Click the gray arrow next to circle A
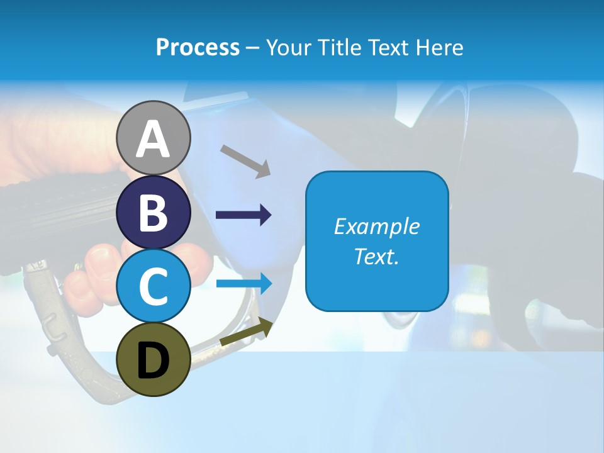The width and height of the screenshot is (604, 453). (x=245, y=161)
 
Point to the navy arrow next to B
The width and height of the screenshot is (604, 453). (x=243, y=215)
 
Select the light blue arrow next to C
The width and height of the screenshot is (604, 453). (x=244, y=283)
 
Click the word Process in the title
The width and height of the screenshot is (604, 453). (x=198, y=48)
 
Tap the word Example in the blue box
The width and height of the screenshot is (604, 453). (x=376, y=226)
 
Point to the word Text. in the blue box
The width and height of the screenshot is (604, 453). (x=376, y=257)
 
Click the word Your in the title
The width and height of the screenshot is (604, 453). (x=288, y=48)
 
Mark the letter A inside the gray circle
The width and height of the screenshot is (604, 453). (x=154, y=139)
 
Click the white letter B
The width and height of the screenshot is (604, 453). (x=154, y=213)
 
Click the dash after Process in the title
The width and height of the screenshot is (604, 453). (x=252, y=48)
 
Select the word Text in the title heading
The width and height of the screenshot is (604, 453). (x=389, y=48)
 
